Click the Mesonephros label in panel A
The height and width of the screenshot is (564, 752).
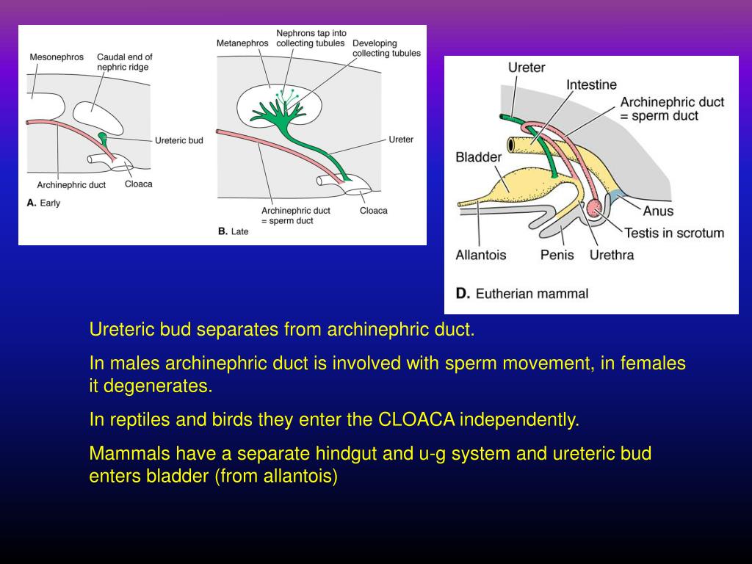pyautogui.click(x=57, y=57)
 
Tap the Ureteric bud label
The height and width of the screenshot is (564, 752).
pyautogui.click(x=179, y=140)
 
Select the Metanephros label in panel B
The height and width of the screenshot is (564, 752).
pyautogui.click(x=242, y=43)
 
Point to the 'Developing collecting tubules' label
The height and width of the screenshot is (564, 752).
pyautogui.click(x=386, y=48)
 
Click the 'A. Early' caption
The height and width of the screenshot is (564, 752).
pyautogui.click(x=43, y=203)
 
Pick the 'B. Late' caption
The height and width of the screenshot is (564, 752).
pyautogui.click(x=234, y=231)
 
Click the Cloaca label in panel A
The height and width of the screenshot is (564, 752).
pyautogui.click(x=139, y=184)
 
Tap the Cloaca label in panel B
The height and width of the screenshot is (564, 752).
pyautogui.click(x=373, y=211)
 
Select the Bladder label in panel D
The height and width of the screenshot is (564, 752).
pyautogui.click(x=478, y=157)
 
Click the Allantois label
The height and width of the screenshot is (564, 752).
pyautogui.click(x=480, y=256)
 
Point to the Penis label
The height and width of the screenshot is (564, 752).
pyautogui.click(x=557, y=256)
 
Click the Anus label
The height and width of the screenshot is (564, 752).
pyautogui.click(x=658, y=211)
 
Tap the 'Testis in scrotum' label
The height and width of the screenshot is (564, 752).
pyautogui.click(x=674, y=234)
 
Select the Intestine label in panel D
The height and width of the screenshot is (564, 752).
pyautogui.click(x=591, y=85)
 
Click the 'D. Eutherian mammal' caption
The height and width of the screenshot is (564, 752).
pyautogui.click(x=522, y=294)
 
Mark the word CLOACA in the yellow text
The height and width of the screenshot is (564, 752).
pyautogui.click(x=416, y=420)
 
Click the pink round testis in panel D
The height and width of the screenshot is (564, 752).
pyautogui.click(x=594, y=209)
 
